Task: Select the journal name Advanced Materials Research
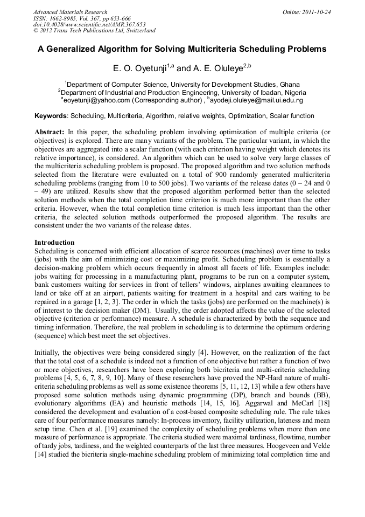pos(70,12)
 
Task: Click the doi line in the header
pos(89,25)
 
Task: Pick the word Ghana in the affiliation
pos(289,85)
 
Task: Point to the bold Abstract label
pos(50,132)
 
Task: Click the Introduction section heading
pos(54,242)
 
